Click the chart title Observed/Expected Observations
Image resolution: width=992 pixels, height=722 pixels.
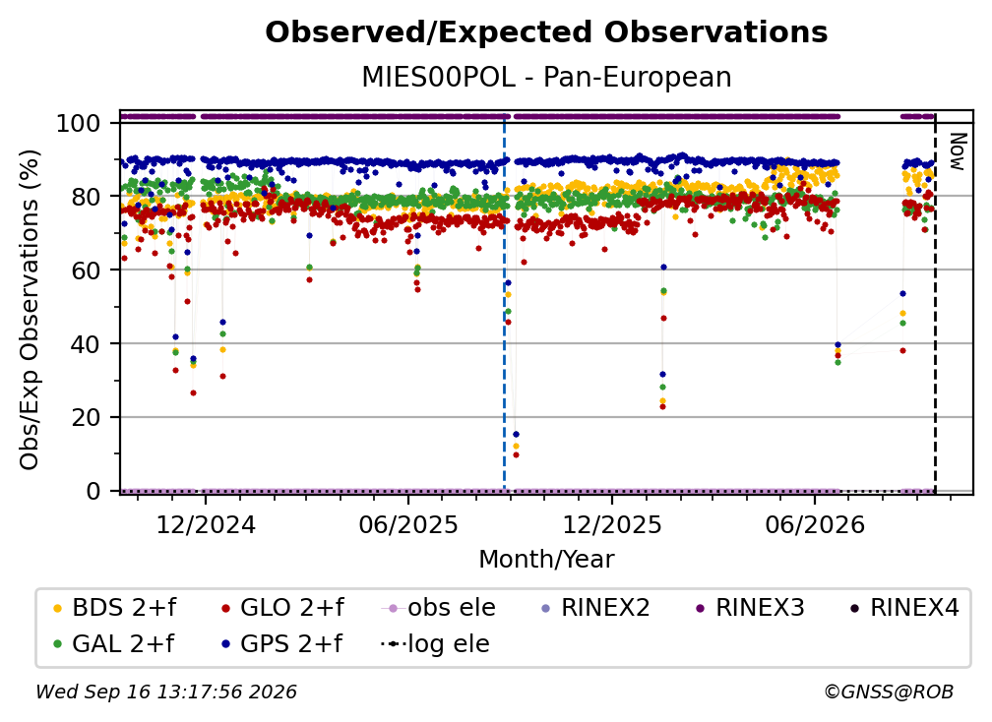tap(546, 32)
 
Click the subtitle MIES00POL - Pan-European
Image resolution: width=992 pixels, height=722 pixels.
tap(546, 77)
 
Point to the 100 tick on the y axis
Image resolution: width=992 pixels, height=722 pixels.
tap(79, 123)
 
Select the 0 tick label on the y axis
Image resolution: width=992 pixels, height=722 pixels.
tap(93, 491)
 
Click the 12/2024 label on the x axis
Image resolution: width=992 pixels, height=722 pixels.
tap(206, 524)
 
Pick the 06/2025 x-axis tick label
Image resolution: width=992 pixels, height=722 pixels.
tap(408, 524)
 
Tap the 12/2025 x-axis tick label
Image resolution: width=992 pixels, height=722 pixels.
tap(612, 524)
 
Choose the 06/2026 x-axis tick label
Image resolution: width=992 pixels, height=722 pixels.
tap(814, 524)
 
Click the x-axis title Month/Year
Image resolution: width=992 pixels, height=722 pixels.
tap(546, 560)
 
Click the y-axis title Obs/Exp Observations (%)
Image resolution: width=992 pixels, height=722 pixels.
tap(30, 310)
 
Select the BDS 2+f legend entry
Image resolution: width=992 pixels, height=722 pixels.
tap(115, 608)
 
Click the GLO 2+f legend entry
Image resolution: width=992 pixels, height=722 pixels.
tap(282, 608)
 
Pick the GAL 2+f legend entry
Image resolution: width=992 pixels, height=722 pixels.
tap(114, 644)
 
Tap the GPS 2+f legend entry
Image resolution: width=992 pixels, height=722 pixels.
tap(281, 644)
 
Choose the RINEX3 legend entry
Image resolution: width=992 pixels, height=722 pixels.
tap(750, 608)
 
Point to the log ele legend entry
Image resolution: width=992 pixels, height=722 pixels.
tap(435, 644)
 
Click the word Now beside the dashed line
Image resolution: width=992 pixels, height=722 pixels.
tap(959, 151)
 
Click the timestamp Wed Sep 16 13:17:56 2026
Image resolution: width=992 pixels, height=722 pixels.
tap(165, 692)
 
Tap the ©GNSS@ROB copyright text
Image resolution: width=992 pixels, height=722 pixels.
tap(889, 692)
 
